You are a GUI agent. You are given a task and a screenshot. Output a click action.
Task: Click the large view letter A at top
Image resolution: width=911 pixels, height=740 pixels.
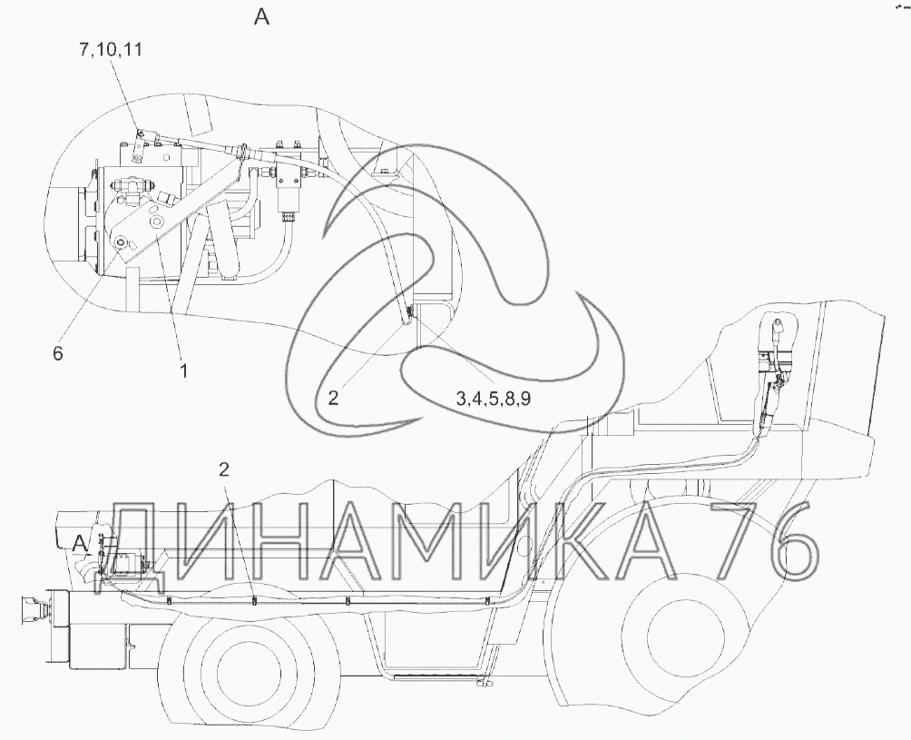(262, 18)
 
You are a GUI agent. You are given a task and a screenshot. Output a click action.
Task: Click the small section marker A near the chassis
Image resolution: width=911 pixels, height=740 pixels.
(80, 544)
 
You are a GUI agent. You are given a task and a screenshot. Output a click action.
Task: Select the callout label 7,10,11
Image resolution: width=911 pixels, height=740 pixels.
(111, 50)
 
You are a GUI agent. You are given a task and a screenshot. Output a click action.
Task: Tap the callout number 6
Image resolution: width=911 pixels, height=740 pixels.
(57, 353)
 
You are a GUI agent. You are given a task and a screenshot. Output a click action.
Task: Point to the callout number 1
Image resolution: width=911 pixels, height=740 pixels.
(183, 370)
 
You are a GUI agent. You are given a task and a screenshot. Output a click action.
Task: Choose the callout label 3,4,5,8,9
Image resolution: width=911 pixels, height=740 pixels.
(493, 400)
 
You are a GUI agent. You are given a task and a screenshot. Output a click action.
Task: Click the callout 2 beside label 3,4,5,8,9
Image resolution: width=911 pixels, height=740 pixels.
(332, 398)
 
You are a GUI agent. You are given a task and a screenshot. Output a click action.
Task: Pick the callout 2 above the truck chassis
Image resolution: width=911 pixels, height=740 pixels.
(224, 469)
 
